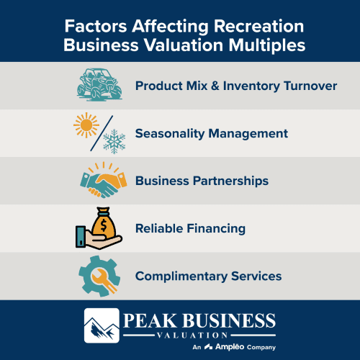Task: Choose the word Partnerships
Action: [232, 181]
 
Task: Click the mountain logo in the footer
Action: [102, 325]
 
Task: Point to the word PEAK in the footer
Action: [148, 320]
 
